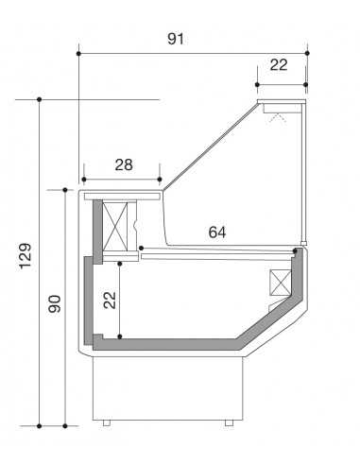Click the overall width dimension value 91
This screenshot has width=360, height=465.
(x=176, y=39)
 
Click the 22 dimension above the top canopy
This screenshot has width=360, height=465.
(x=278, y=64)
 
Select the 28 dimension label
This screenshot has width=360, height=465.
(x=124, y=164)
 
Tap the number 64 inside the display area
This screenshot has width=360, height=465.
(x=217, y=232)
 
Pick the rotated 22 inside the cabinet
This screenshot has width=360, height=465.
(x=109, y=300)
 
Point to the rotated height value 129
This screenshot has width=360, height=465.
(x=26, y=256)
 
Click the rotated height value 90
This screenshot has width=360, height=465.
(x=54, y=304)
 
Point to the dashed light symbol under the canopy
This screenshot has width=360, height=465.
(x=278, y=117)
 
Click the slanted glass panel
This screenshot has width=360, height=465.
(x=210, y=146)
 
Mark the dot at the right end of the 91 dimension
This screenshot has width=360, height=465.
(x=307, y=54)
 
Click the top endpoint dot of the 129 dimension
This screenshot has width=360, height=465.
(x=39, y=98)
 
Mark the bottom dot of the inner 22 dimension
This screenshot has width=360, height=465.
(x=122, y=336)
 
